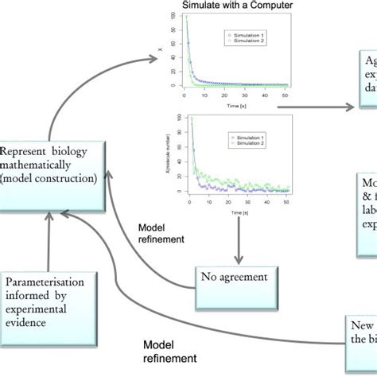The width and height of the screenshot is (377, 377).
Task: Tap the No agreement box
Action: tap(238, 278)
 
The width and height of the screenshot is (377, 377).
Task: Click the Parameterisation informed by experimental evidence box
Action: tap(49, 300)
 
